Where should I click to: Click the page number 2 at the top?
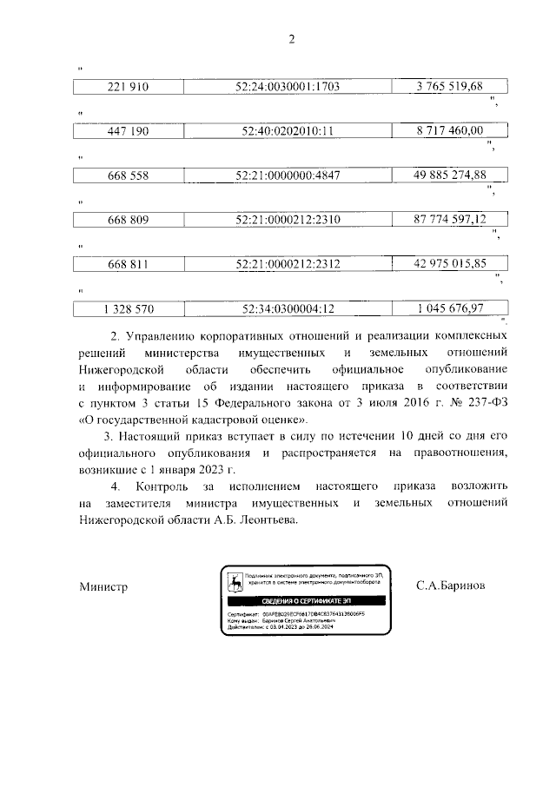click(x=292, y=38)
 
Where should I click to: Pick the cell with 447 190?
click(x=128, y=131)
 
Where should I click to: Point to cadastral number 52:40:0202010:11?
click(x=287, y=131)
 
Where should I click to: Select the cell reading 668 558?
click(x=128, y=175)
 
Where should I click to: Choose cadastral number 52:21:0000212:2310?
click(x=287, y=220)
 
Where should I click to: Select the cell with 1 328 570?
click(x=128, y=308)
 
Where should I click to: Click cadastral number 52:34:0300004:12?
click(x=287, y=308)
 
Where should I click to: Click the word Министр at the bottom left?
click(x=103, y=587)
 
